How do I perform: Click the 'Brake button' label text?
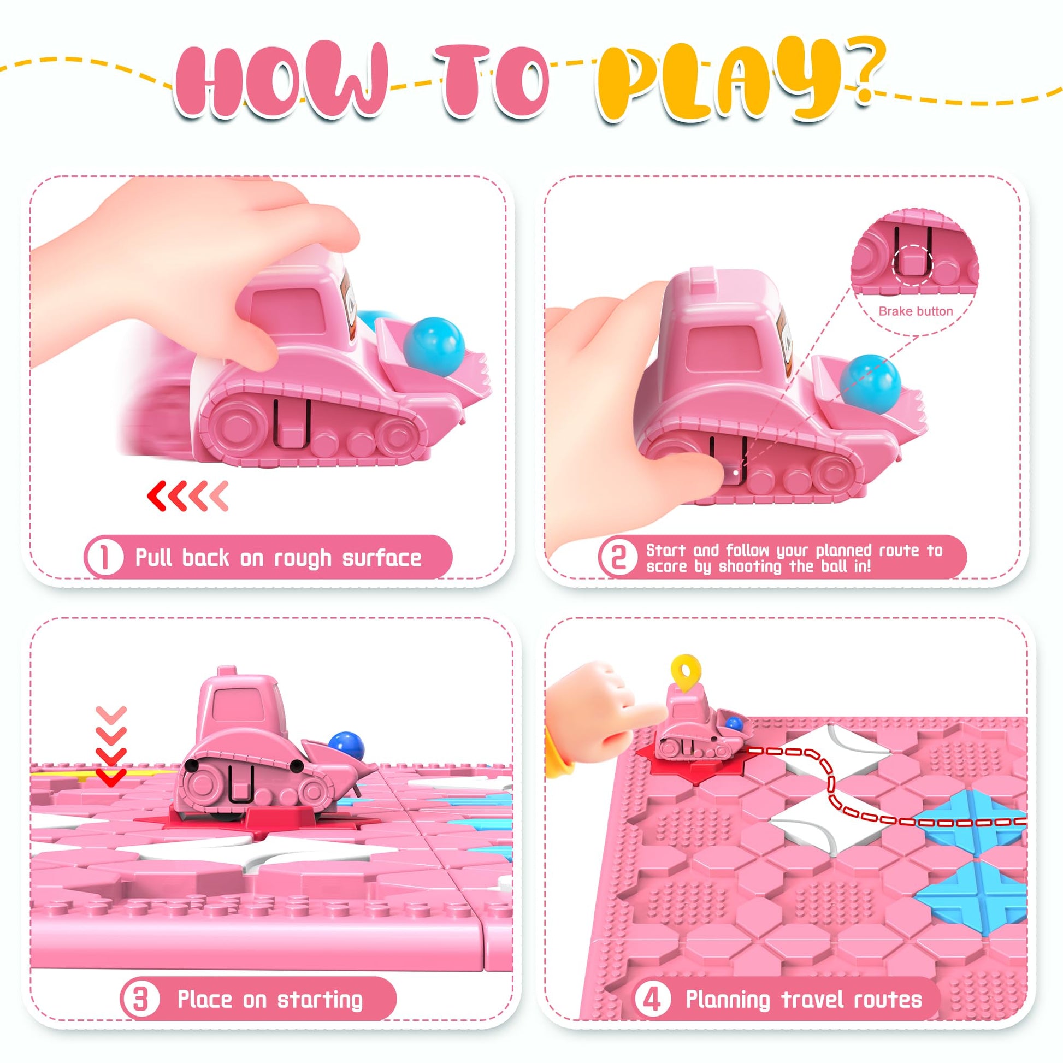pyautogui.click(x=916, y=311)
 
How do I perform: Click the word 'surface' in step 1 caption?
pyautogui.click(x=382, y=558)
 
